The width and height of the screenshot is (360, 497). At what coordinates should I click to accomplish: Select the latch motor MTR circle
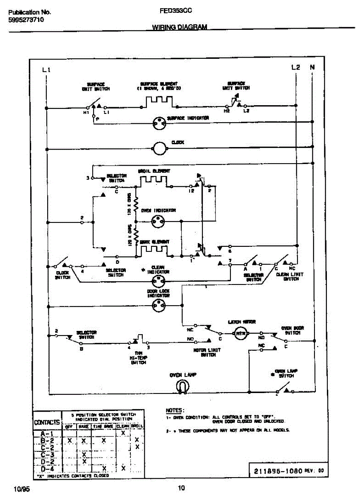tap(241, 333)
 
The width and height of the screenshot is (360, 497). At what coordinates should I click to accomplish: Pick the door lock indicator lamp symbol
tap(158, 307)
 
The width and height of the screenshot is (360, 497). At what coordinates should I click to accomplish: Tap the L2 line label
tap(295, 67)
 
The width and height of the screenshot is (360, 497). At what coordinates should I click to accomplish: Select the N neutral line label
tap(312, 67)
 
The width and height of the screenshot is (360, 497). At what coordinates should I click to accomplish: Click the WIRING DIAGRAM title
tap(180, 28)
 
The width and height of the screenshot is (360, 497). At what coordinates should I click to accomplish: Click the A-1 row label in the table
tap(48, 434)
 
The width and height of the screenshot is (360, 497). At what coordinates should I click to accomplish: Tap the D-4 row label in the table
tap(48, 468)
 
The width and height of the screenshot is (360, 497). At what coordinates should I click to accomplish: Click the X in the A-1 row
tap(123, 433)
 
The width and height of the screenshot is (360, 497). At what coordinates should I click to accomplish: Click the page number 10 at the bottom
tap(181, 487)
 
